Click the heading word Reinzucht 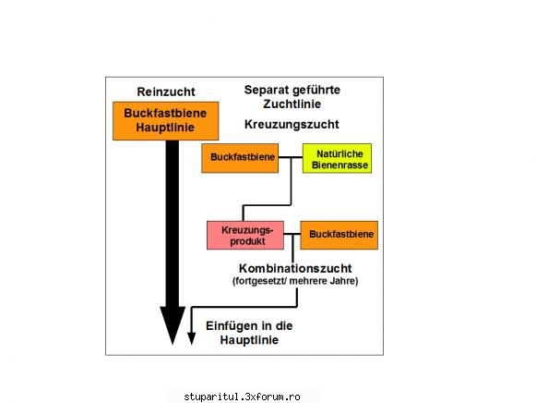166,92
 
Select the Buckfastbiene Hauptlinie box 165,121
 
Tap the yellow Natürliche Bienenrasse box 337,158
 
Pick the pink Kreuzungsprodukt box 245,235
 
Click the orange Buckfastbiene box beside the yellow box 240,158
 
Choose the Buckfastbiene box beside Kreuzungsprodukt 339,235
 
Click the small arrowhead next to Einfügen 192,338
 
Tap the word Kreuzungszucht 292,124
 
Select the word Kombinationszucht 295,268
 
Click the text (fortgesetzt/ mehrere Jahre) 295,281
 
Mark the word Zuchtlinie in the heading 292,104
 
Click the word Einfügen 232,325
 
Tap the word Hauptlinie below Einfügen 249,340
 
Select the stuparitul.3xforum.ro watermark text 242,397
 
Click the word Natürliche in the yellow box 339,153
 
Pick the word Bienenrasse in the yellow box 339,165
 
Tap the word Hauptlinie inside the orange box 165,128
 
